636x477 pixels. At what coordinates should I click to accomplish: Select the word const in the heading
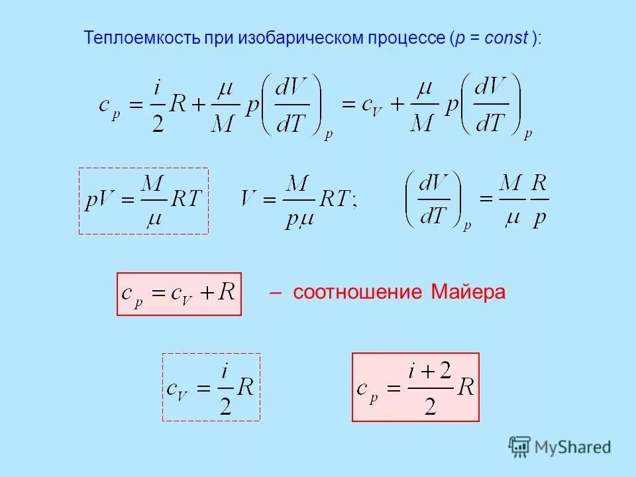pyautogui.click(x=505, y=38)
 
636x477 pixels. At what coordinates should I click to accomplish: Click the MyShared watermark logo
pyautogui.click(x=560, y=447)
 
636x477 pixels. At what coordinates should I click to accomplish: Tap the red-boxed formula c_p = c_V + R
pyautogui.click(x=179, y=293)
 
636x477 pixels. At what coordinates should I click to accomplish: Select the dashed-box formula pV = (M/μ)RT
pyautogui.click(x=144, y=201)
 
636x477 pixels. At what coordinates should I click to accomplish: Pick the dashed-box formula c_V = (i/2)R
pyautogui.click(x=211, y=387)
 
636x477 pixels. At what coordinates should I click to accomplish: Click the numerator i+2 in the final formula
pyautogui.click(x=430, y=372)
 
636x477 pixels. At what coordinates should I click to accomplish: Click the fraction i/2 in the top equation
pyautogui.click(x=157, y=105)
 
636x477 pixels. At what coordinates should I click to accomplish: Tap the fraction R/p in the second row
pyautogui.click(x=540, y=201)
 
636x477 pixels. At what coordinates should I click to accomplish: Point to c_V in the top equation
pyautogui.click(x=366, y=105)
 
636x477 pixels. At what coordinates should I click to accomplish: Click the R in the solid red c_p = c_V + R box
pyautogui.click(x=227, y=292)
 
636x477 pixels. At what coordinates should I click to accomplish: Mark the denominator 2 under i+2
pyautogui.click(x=430, y=405)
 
